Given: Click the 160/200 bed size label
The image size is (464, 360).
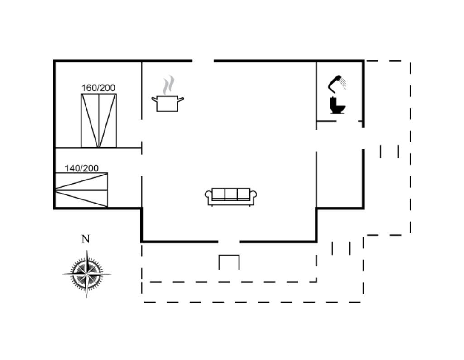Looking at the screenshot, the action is [x=98, y=88].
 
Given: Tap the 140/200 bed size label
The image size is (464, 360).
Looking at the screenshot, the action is [x=81, y=168].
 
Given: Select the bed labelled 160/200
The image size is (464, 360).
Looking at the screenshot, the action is [x=99, y=121].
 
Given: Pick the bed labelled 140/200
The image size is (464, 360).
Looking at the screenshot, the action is [x=81, y=190].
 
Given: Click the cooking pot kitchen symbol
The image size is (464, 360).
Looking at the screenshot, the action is [x=167, y=103].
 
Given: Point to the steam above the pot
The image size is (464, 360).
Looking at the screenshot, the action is [x=168, y=85].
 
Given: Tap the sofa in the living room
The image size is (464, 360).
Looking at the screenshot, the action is [x=231, y=197].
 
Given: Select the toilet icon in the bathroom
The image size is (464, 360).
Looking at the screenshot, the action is [x=337, y=105].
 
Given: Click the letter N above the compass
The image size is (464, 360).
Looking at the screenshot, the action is [x=86, y=239].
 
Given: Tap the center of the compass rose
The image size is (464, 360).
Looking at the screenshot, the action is [x=87, y=274].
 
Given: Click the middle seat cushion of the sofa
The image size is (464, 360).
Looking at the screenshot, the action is [x=231, y=194].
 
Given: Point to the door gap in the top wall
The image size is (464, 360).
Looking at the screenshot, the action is [x=203, y=61].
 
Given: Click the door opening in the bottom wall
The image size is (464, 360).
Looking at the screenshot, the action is [x=229, y=242].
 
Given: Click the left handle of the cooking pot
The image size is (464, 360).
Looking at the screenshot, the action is [x=154, y=99].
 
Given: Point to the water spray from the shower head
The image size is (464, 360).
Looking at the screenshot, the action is [x=343, y=84].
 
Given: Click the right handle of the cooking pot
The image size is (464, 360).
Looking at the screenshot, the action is [x=181, y=99].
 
